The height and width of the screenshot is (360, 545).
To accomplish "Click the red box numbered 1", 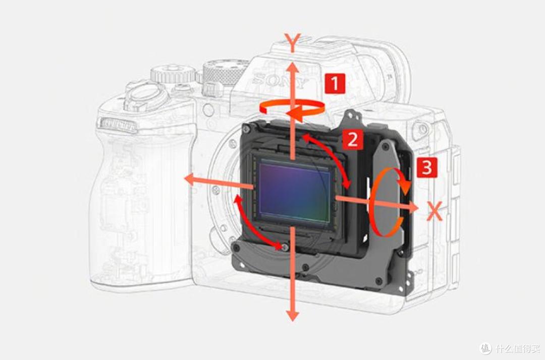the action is point(335,83).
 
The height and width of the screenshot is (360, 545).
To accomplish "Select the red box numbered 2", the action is point(353,139).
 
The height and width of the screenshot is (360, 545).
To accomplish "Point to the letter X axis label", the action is point(434,211).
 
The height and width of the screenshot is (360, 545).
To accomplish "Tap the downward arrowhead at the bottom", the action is point(293,315).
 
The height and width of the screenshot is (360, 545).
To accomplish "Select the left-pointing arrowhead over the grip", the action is point(190,180).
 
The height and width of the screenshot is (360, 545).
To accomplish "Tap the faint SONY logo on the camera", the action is point(280,80).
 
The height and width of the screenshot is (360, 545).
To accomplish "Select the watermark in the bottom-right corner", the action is point(510,347).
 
